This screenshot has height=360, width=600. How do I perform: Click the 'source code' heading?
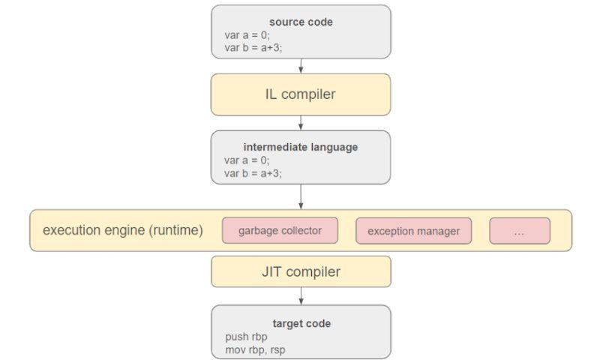[x=301, y=22]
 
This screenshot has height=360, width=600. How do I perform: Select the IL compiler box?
[x=301, y=94]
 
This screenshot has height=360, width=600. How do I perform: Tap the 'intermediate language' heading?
[x=301, y=147]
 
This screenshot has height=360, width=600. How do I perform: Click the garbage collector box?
[x=280, y=230]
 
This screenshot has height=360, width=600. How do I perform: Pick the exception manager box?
[x=413, y=231]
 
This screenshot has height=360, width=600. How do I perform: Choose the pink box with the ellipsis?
[x=519, y=231]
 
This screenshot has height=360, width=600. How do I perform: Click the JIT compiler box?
[x=301, y=271]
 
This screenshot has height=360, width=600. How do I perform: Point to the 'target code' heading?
[x=301, y=323]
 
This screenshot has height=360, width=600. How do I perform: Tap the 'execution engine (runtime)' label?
[x=123, y=230]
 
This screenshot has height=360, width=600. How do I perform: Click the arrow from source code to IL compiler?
[x=301, y=66]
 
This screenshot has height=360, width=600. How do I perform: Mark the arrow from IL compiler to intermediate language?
[x=301, y=123]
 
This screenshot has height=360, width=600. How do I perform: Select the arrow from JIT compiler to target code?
[x=301, y=296]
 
